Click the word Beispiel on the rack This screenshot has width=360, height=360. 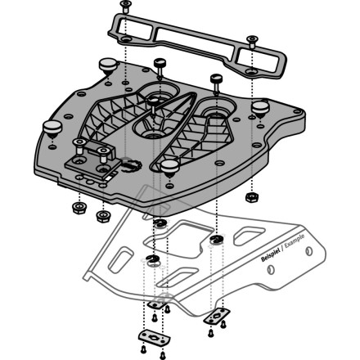(270, 254)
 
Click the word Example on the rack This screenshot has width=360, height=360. (295, 241)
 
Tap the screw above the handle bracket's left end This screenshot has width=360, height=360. (125, 6)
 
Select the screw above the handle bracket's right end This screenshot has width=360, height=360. (252, 43)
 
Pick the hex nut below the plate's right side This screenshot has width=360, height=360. (252, 197)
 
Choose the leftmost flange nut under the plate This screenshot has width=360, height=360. (79, 208)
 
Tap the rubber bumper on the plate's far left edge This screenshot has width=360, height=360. (52, 129)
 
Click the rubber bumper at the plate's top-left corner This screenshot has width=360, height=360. (108, 67)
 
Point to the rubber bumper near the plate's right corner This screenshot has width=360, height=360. (260, 109)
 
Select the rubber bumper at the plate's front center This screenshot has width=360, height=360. (169, 168)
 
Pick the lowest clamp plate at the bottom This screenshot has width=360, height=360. (155, 338)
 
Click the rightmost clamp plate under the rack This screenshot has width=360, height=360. (217, 316)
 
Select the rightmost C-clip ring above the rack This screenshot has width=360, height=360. (217, 239)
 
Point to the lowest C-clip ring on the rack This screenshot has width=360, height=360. (152, 259)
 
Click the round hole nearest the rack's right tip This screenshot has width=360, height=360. (309, 251)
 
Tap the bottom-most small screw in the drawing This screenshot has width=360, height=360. (163, 355)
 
